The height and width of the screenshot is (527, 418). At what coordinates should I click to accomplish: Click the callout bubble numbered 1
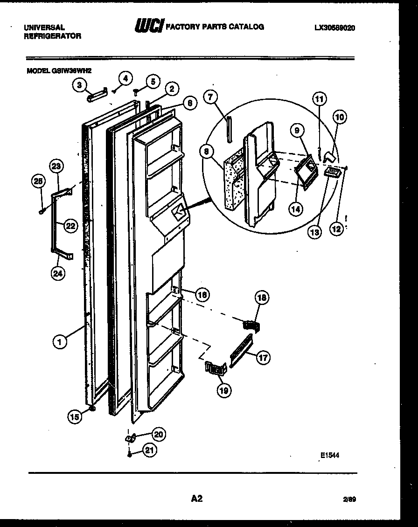coord(60,342)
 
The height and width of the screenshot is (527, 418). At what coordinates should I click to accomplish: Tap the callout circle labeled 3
coord(79,85)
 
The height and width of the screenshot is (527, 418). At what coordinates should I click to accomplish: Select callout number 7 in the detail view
coord(211,97)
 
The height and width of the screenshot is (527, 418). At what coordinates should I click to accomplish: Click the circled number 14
coord(295,209)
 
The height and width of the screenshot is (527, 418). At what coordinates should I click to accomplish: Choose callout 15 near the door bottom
coord(74,417)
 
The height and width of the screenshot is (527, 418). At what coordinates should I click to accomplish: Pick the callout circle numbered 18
coord(262,297)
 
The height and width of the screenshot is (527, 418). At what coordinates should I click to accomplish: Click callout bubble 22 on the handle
coord(70,227)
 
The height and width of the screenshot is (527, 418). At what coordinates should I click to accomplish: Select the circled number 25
coord(39,182)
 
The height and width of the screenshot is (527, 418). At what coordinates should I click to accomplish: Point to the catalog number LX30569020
coord(334,28)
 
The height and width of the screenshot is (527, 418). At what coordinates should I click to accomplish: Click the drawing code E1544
coord(329,456)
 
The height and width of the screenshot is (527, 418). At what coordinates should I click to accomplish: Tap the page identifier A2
coord(197,499)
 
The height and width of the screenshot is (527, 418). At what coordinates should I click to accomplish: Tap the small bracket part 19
coord(215,368)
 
